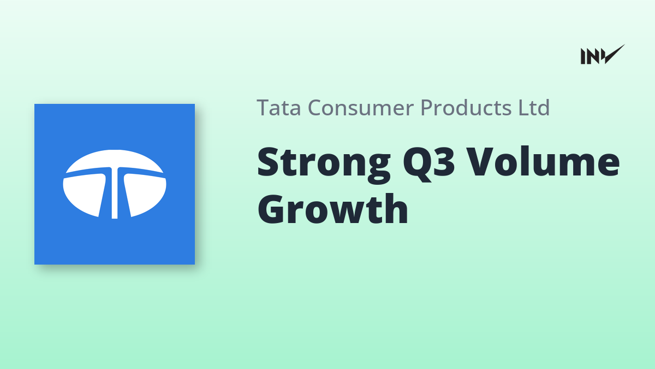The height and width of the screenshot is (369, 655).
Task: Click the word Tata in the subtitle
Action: (x=279, y=108)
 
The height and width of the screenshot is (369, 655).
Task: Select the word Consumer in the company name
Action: (x=361, y=108)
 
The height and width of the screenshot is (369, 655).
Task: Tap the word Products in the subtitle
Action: (x=466, y=108)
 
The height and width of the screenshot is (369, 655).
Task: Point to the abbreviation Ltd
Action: (x=534, y=108)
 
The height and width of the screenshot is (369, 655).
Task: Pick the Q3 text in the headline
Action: (x=428, y=163)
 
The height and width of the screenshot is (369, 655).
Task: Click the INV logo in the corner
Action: (x=603, y=55)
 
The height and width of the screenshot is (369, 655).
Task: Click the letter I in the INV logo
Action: (x=582, y=56)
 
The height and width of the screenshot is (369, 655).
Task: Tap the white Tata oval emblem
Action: (x=115, y=184)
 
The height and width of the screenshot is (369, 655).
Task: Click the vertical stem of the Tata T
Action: (x=115, y=194)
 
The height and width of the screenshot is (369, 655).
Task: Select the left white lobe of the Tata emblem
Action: (x=85, y=194)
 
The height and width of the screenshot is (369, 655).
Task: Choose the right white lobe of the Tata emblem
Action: (x=145, y=194)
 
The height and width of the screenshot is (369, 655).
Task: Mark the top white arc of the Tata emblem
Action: (x=115, y=160)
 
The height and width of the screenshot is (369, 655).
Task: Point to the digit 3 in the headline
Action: (x=444, y=161)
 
